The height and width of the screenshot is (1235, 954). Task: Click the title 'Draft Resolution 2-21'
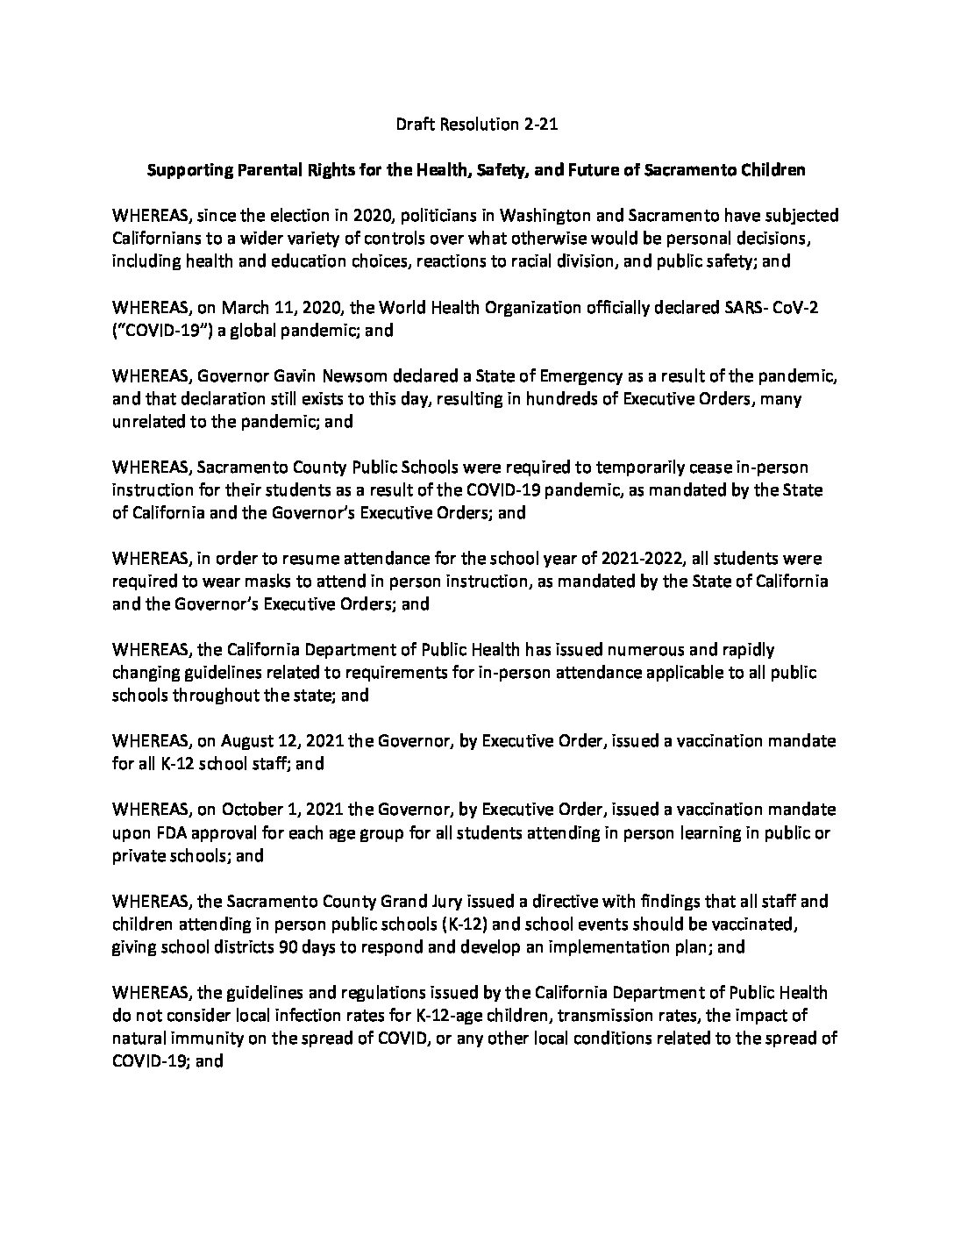click(x=477, y=125)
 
